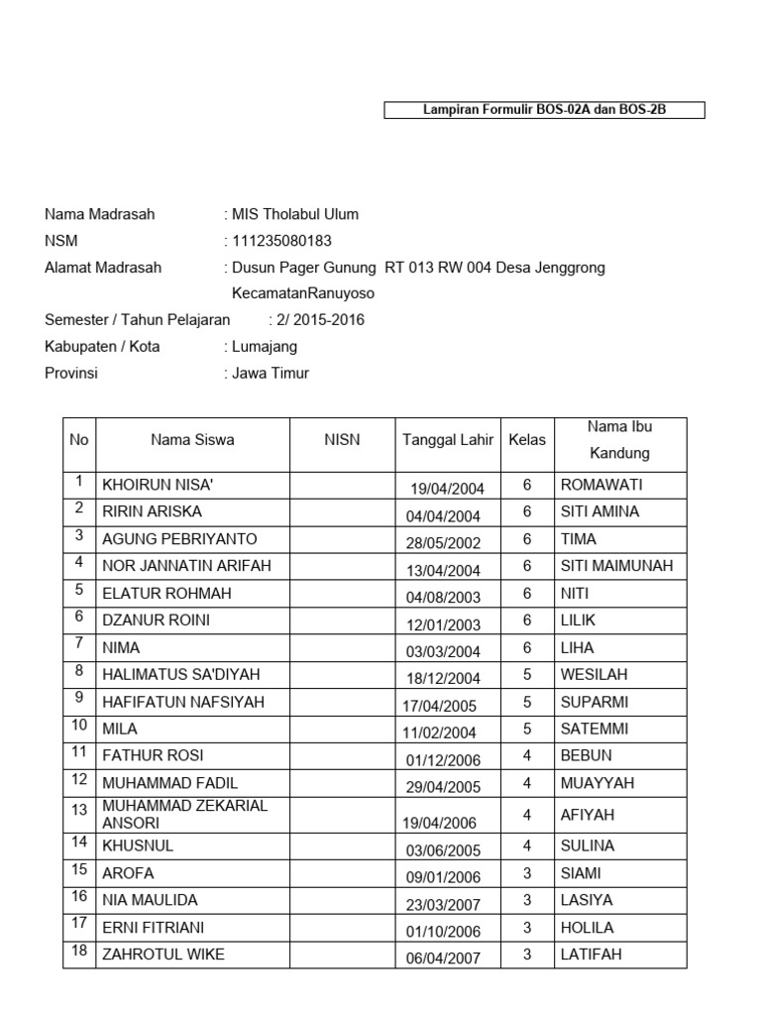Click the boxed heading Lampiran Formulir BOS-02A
[544, 110]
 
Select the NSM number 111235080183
[281, 241]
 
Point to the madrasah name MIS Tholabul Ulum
[294, 214]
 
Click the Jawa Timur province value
[270, 374]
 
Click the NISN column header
[342, 440]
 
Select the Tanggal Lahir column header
[448, 440]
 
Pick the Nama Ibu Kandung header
[619, 440]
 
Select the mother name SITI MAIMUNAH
[616, 566]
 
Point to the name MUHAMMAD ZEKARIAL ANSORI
[184, 814]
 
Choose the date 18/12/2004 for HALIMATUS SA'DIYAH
[443, 677]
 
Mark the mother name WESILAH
[594, 675]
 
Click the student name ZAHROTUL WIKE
[163, 955]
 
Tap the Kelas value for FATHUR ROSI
[527, 756]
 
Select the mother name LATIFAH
[592, 955]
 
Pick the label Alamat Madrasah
[103, 268]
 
